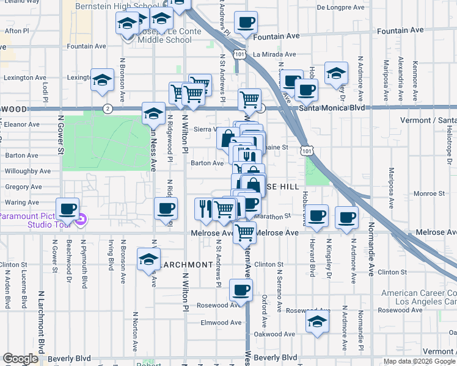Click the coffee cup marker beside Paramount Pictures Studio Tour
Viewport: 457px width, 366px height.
(x=68, y=209)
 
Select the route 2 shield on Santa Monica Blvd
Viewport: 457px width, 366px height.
(x=108, y=109)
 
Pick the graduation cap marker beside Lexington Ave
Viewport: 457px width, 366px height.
(x=102, y=79)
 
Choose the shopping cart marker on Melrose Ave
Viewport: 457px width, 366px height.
(x=244, y=231)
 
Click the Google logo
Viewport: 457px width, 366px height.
(x=20, y=359)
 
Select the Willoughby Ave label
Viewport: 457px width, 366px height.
(x=28, y=171)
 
